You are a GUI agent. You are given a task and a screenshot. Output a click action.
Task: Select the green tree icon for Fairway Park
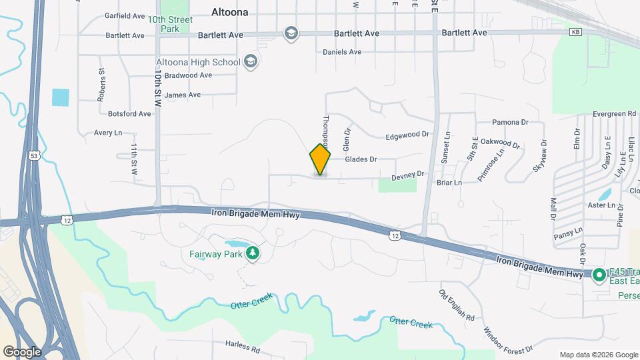coord(252,253)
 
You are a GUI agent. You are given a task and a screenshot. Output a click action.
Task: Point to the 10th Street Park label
coord(171,25)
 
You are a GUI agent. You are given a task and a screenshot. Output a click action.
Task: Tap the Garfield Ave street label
coord(125,15)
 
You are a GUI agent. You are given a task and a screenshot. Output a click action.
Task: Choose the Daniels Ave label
coord(341,51)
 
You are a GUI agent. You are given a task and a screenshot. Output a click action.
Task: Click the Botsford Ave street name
coord(129,114)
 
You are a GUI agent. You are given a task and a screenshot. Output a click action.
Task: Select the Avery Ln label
coord(108,133)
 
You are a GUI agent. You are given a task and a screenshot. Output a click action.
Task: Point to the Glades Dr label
coord(361,159)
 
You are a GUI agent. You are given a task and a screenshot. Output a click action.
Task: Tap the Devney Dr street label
coord(407,175)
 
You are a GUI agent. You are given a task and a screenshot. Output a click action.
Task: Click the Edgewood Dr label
coord(407,135)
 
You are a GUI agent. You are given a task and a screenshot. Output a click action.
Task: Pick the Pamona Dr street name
coord(510,123)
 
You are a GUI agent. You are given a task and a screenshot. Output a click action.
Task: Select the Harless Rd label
coord(242,347)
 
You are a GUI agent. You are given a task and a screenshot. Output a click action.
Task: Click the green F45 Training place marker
coord(599,274)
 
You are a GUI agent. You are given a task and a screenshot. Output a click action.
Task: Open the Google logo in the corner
coord(21,351)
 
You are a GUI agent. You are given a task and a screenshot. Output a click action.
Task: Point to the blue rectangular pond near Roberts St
coord(60,97)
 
